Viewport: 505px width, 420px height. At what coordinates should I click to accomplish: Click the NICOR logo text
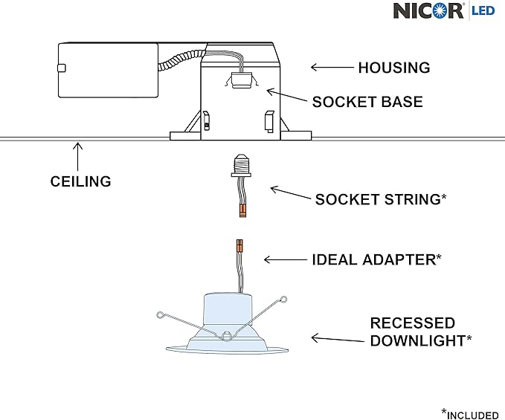(428, 10)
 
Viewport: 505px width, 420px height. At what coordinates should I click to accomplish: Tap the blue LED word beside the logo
(483, 10)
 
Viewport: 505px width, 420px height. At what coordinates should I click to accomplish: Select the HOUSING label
(394, 68)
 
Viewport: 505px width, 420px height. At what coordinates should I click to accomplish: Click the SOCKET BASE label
(367, 102)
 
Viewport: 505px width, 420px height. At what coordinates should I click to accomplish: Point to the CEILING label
(80, 181)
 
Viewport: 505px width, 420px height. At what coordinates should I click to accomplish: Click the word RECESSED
(413, 323)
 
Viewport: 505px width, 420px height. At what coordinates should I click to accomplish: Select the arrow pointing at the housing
(332, 67)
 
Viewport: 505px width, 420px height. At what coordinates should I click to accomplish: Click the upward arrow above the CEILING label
(77, 156)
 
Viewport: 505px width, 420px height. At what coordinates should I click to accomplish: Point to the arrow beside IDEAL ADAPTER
(286, 259)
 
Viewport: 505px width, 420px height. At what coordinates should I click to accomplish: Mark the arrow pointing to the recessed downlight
(338, 339)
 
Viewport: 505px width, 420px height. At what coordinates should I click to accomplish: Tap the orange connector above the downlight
(239, 246)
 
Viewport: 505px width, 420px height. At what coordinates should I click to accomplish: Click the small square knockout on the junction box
(62, 68)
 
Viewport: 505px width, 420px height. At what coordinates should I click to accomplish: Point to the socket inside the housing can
(241, 80)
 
